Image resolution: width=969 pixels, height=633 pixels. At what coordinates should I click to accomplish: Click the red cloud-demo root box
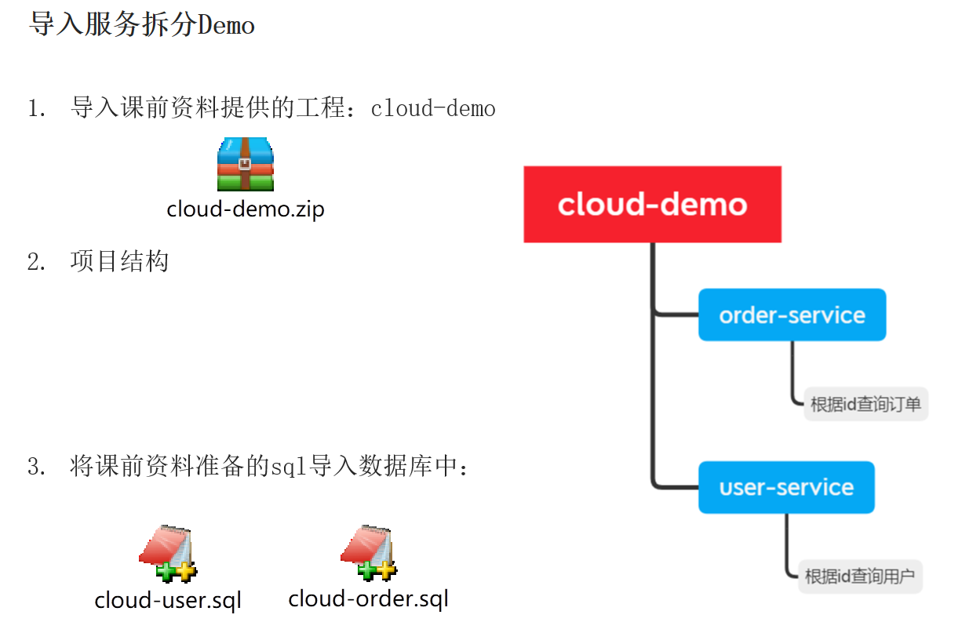[x=652, y=204]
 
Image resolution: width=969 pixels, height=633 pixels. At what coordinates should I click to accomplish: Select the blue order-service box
[x=792, y=315]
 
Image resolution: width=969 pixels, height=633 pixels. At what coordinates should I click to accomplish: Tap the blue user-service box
[x=786, y=487]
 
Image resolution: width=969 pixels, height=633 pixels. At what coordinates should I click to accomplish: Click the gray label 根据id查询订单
[x=865, y=405]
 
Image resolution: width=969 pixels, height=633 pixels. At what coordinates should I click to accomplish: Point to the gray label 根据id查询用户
[x=860, y=577]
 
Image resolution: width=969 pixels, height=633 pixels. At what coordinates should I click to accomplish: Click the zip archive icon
[x=246, y=164]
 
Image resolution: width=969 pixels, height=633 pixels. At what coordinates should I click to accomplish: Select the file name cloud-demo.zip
[x=246, y=209]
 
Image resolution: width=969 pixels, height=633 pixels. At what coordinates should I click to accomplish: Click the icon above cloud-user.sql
[x=167, y=554]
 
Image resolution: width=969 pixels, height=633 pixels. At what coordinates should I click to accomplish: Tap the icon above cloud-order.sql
[x=368, y=552]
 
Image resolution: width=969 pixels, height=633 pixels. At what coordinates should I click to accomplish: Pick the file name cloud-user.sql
[x=168, y=600]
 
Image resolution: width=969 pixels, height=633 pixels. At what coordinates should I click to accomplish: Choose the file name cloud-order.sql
[x=368, y=598]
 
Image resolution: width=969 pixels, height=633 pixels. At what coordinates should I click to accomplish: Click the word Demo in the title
[x=227, y=25]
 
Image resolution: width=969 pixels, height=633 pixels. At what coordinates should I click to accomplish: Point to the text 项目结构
[x=119, y=261]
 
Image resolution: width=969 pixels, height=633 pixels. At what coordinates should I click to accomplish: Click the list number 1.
[x=35, y=108]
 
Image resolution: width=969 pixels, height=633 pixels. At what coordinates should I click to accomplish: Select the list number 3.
[x=35, y=467]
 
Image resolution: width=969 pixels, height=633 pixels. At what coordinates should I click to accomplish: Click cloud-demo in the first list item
[x=433, y=108]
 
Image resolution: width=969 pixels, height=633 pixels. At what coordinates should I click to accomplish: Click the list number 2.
[x=35, y=261]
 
